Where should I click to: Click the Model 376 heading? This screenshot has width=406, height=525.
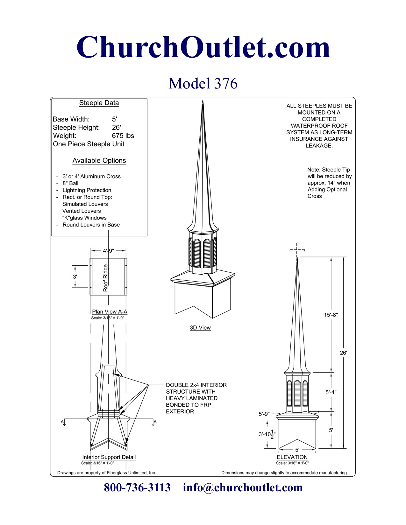pyautogui.click(x=203, y=83)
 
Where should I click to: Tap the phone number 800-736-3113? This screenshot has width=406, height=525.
pyautogui.click(x=137, y=487)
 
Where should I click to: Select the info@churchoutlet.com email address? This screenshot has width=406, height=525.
pyautogui.click(x=243, y=487)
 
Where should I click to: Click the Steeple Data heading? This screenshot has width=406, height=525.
pyautogui.click(x=99, y=103)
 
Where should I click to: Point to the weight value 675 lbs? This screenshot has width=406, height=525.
pyautogui.click(x=123, y=136)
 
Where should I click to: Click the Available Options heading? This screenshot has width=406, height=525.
pyautogui.click(x=99, y=161)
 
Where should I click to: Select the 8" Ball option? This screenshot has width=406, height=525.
pyautogui.click(x=70, y=183)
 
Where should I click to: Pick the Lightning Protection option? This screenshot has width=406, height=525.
pyautogui.click(x=87, y=190)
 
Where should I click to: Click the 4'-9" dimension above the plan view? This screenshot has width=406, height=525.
pyautogui.click(x=108, y=251)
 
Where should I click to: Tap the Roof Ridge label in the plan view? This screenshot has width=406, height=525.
pyautogui.click(x=106, y=278)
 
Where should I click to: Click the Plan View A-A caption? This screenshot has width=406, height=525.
pyautogui.click(x=110, y=312)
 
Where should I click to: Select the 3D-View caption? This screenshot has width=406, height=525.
pyautogui.click(x=200, y=328)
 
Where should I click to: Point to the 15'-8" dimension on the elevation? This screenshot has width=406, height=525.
pyautogui.click(x=331, y=315)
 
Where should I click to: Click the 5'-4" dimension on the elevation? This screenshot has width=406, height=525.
pyautogui.click(x=331, y=392)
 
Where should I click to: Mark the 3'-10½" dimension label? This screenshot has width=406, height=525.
pyautogui.click(x=267, y=434)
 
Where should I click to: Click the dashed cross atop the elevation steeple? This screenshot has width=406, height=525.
pyautogui.click(x=297, y=250)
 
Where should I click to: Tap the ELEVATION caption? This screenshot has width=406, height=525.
pyautogui.click(x=292, y=457)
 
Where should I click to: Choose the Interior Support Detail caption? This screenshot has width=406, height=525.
pyautogui.click(x=109, y=457)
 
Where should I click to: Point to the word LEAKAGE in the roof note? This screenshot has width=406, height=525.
pyautogui.click(x=319, y=146)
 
